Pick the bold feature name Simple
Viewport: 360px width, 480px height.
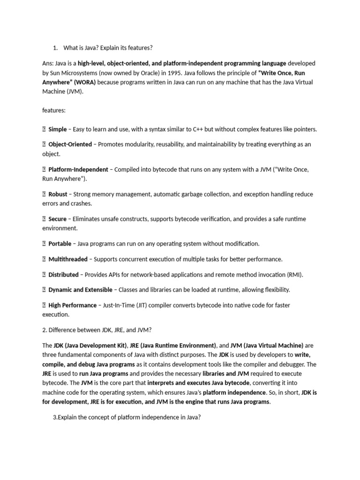click(x=58, y=129)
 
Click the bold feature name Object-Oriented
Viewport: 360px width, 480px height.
click(x=70, y=144)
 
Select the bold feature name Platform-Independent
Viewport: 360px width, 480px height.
click(x=78, y=169)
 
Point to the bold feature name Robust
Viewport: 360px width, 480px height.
click(x=58, y=194)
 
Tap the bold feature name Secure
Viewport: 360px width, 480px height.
click(x=58, y=219)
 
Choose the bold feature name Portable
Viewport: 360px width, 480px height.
click(x=60, y=244)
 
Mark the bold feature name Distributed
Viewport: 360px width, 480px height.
click(x=64, y=275)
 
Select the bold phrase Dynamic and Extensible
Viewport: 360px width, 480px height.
click(x=81, y=290)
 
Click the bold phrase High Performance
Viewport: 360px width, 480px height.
click(x=73, y=305)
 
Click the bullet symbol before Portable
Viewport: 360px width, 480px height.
click(x=44, y=244)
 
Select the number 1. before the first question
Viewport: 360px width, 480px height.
click(x=55, y=48)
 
